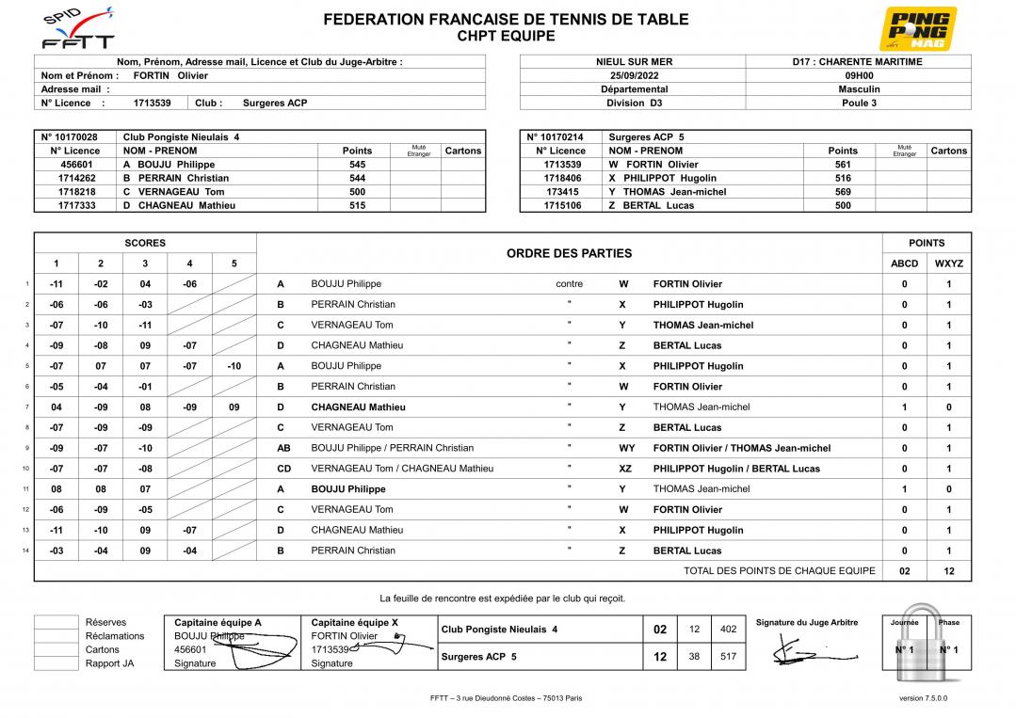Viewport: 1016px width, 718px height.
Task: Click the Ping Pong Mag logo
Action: (x=917, y=28)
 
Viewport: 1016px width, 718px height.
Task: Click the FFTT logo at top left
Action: (x=79, y=28)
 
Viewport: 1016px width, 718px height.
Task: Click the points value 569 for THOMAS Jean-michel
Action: (x=842, y=192)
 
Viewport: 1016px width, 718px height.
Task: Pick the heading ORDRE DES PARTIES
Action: (x=569, y=253)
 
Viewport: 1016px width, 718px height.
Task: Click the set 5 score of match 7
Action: (x=234, y=407)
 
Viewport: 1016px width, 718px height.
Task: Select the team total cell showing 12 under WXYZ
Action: (x=948, y=571)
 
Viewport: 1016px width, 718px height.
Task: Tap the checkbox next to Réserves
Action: (x=56, y=622)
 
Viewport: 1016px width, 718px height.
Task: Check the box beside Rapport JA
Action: (x=56, y=663)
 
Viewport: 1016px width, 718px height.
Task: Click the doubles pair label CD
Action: (x=283, y=469)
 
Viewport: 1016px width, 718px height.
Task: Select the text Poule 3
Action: (x=859, y=104)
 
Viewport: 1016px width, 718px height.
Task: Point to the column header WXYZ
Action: (x=948, y=264)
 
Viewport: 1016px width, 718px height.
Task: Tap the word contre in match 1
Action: (x=569, y=284)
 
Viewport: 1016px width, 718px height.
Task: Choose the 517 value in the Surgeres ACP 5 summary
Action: (x=728, y=657)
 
